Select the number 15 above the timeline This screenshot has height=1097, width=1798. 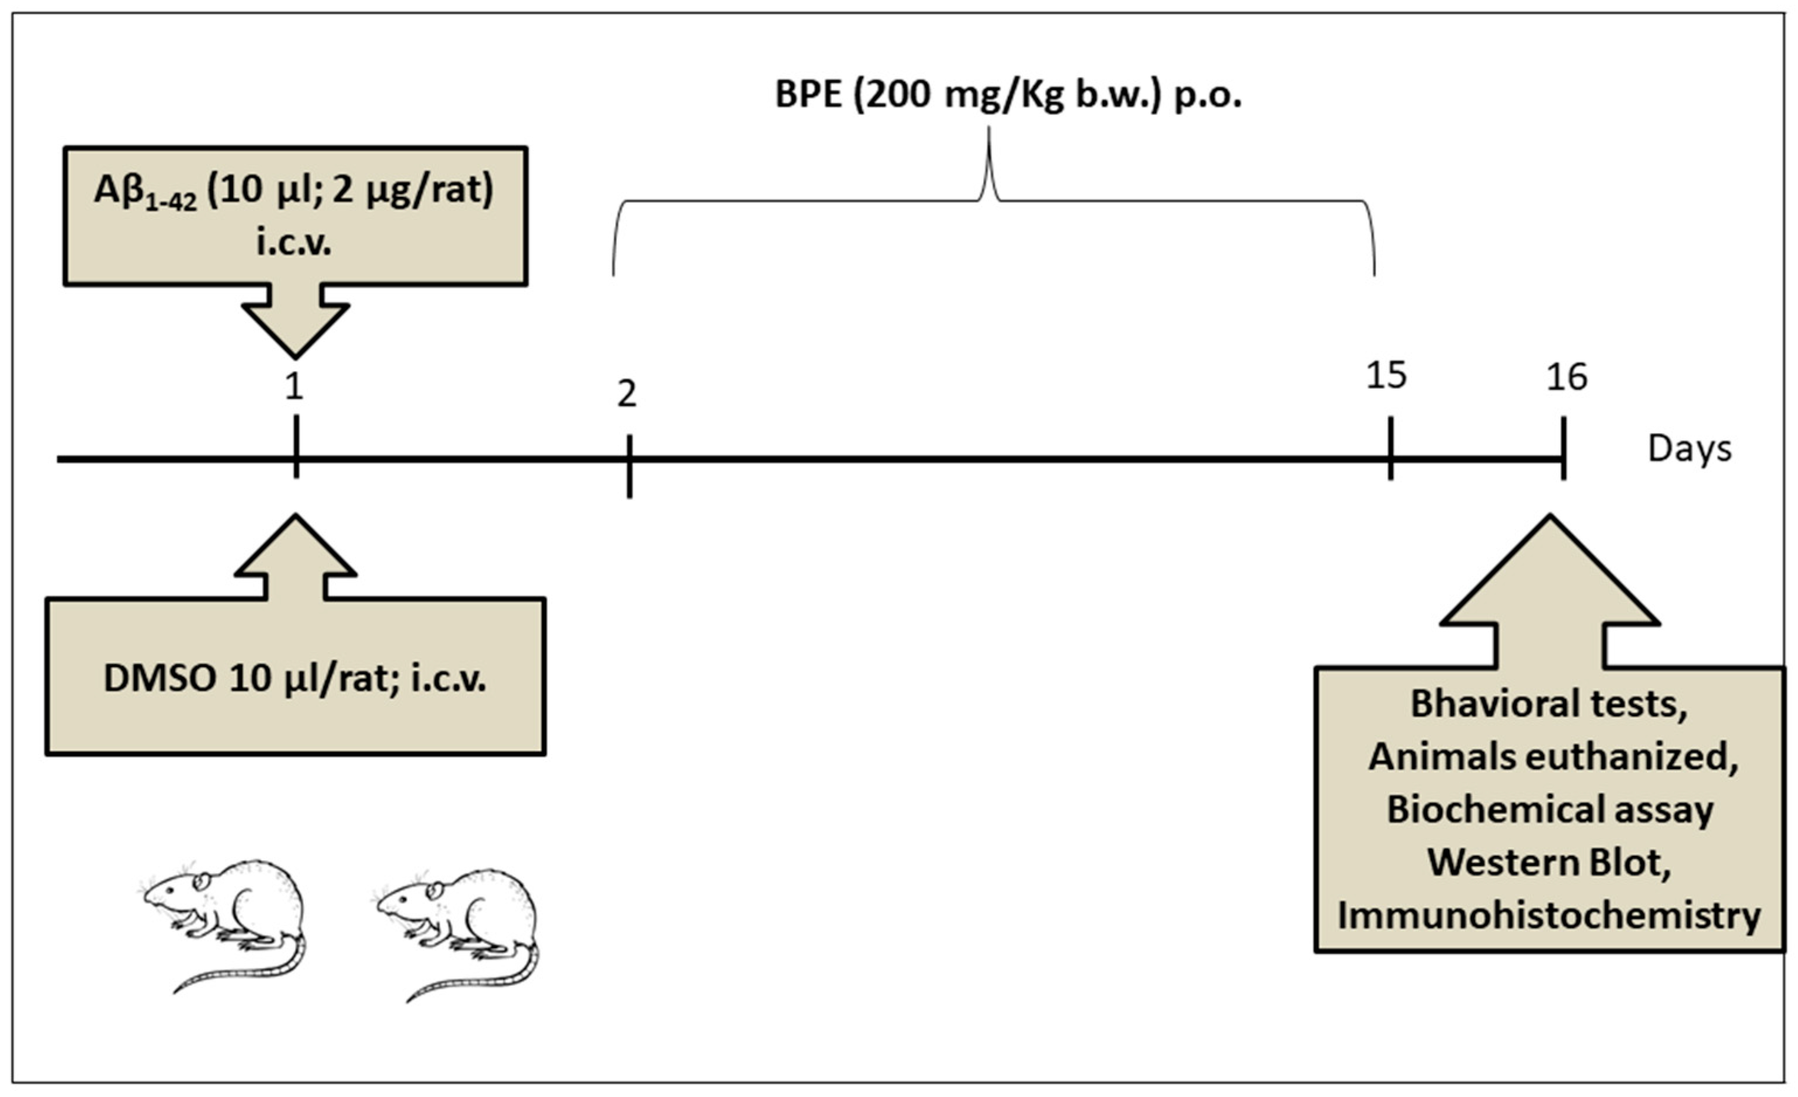coord(1386,375)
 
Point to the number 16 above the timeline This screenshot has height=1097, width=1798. coord(1566,378)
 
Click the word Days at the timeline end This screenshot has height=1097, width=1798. coord(1689,449)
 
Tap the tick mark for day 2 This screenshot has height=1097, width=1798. coord(629,467)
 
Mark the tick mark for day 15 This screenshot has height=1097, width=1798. coord(1390,449)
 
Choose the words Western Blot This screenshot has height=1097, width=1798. coord(1549,863)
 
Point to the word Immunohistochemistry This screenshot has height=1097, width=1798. coord(1549,915)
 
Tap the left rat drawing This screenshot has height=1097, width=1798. coord(226,912)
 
